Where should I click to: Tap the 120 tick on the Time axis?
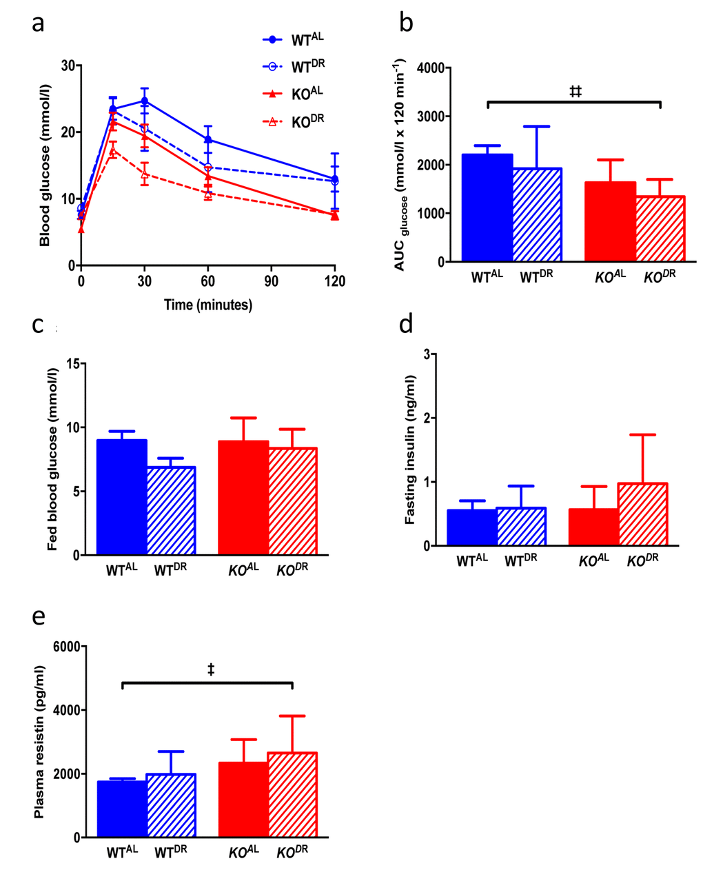click(335, 281)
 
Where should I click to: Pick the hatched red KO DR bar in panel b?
click(660, 229)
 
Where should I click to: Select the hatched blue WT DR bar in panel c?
click(170, 511)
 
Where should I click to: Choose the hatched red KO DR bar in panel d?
click(642, 514)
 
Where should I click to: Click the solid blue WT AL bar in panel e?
click(122, 809)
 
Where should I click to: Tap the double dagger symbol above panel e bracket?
click(211, 669)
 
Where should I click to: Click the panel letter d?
click(407, 322)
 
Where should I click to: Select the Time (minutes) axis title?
click(207, 305)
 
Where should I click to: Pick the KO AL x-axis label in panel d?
click(593, 560)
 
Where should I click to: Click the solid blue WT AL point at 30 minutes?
click(145, 101)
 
